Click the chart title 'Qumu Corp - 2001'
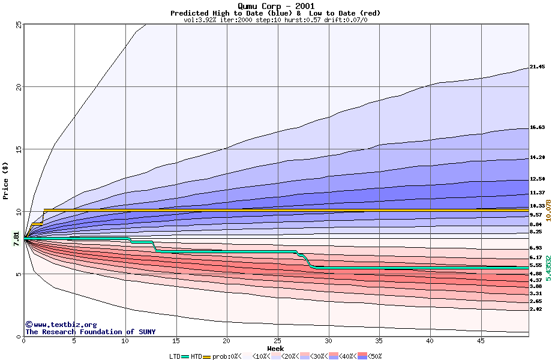coord(275,6)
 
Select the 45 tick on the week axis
coord(480,341)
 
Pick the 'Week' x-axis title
coord(275,349)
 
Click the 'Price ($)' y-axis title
coord(6,180)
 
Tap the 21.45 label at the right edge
coord(537,67)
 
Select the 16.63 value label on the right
coord(537,128)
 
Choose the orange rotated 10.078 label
coord(548,214)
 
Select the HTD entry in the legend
coord(196,356)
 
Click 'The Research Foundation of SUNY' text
coord(80,332)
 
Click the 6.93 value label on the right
coord(536,248)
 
